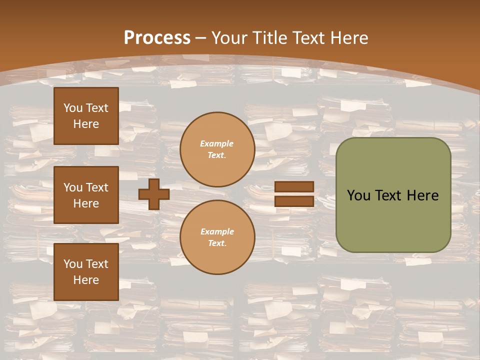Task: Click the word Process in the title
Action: click(157, 38)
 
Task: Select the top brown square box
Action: click(86, 116)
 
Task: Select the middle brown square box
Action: click(86, 195)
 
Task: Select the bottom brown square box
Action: click(86, 272)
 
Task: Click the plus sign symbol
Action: click(153, 194)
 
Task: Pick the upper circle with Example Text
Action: click(217, 149)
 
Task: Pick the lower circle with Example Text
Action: click(217, 237)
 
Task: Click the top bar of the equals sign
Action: click(294, 187)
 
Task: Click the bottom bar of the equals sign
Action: click(294, 201)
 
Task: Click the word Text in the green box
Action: click(388, 195)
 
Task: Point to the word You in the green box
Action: click(358, 195)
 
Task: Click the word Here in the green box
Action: click(422, 195)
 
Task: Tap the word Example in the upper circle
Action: click(216, 143)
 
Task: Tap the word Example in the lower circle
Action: click(217, 231)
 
